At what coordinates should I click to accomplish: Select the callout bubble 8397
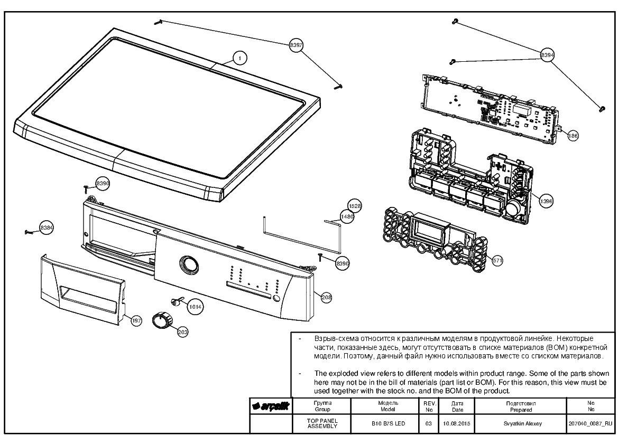coord(296,45)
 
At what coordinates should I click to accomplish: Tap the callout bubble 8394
coord(547,55)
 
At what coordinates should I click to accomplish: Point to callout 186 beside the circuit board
coord(573,136)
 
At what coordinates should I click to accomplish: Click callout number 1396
coord(546,201)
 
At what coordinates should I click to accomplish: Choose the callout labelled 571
coord(497,260)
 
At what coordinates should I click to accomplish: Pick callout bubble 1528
coord(354,206)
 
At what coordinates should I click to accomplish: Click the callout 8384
coord(47,228)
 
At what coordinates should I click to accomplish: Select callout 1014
coord(195,307)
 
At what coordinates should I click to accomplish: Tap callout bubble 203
coord(182,332)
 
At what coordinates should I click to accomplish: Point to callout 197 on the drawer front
coord(136,321)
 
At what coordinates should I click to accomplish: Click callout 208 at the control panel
coord(326,298)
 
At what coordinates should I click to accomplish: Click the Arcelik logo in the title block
coord(271,406)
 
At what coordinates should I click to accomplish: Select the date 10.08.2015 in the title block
coord(457,424)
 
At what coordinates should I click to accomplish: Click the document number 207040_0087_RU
coord(591,424)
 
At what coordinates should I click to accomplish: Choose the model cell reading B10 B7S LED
coord(388,424)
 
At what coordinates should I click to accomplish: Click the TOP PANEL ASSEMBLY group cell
coord(322,423)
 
